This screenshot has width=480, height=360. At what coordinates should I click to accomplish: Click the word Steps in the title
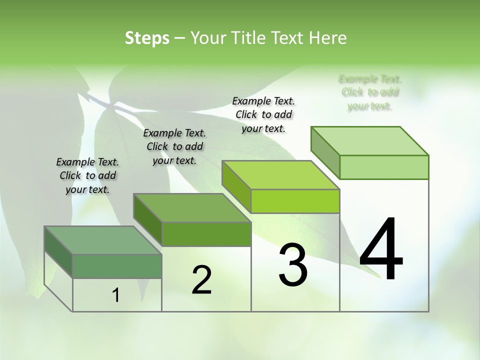pos(147,38)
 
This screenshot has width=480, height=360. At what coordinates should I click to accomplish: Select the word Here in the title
pos(328,38)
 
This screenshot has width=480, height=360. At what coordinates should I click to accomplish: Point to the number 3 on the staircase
pos(293,265)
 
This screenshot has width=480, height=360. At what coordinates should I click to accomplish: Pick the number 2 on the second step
pos(201,280)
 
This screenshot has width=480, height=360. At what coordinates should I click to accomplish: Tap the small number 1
pos(116,295)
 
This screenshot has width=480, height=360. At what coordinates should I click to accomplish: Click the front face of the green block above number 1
pos(117,266)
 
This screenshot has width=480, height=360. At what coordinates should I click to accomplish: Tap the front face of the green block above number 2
pos(206,234)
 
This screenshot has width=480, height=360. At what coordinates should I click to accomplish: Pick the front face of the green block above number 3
pos(295,201)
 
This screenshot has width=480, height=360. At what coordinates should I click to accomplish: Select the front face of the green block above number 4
pos(384,167)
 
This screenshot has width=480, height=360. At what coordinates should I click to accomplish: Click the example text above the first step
pos(87,175)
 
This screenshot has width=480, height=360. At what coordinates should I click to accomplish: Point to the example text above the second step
pos(174,146)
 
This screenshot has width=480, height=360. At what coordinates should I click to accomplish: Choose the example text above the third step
pos(263,114)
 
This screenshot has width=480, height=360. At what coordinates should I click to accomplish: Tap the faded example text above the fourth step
pos(370,92)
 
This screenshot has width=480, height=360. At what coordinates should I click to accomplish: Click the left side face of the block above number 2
pos(148,219)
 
